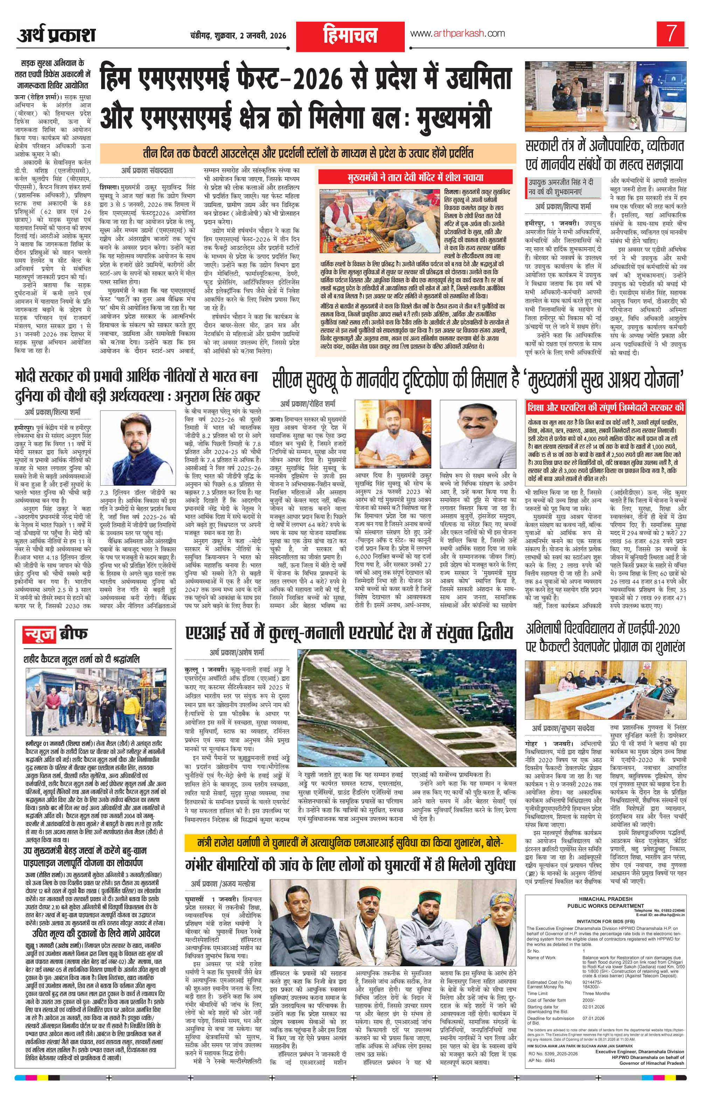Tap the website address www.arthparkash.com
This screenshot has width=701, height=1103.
tap(457, 33)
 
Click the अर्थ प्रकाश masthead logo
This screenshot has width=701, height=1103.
tap(56, 35)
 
